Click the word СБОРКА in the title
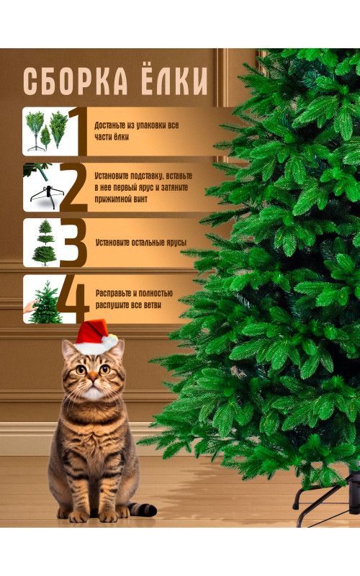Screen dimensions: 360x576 [x=76, y=81]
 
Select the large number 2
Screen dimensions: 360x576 [x=74, y=187]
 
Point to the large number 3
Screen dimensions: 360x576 [x=74, y=243]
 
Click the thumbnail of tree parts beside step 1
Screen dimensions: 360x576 [x=46, y=131]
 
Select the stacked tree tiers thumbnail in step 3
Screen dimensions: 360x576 [x=43, y=243]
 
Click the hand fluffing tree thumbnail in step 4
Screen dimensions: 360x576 [x=43, y=300]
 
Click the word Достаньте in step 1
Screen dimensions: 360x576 [x=110, y=125]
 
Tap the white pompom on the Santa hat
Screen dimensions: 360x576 [x=110, y=341]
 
